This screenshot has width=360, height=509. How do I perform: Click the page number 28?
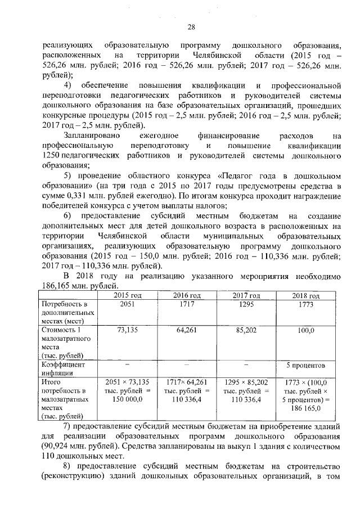191,26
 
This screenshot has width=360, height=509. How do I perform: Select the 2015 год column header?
128,296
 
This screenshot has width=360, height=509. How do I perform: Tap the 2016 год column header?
186,296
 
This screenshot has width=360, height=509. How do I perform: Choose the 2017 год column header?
246,296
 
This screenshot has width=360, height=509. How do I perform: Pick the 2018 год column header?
305,296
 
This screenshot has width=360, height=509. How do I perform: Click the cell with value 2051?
128,304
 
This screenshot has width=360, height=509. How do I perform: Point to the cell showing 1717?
186,304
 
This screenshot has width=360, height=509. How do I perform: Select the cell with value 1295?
246,304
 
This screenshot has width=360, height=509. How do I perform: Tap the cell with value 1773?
305,304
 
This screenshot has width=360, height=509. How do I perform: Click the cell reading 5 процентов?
305,364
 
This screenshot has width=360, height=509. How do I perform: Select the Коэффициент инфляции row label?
60,368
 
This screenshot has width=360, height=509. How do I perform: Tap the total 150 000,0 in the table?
128,398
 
